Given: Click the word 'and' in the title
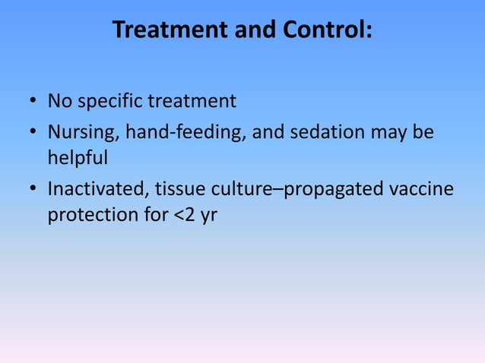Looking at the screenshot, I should click(x=243, y=30).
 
